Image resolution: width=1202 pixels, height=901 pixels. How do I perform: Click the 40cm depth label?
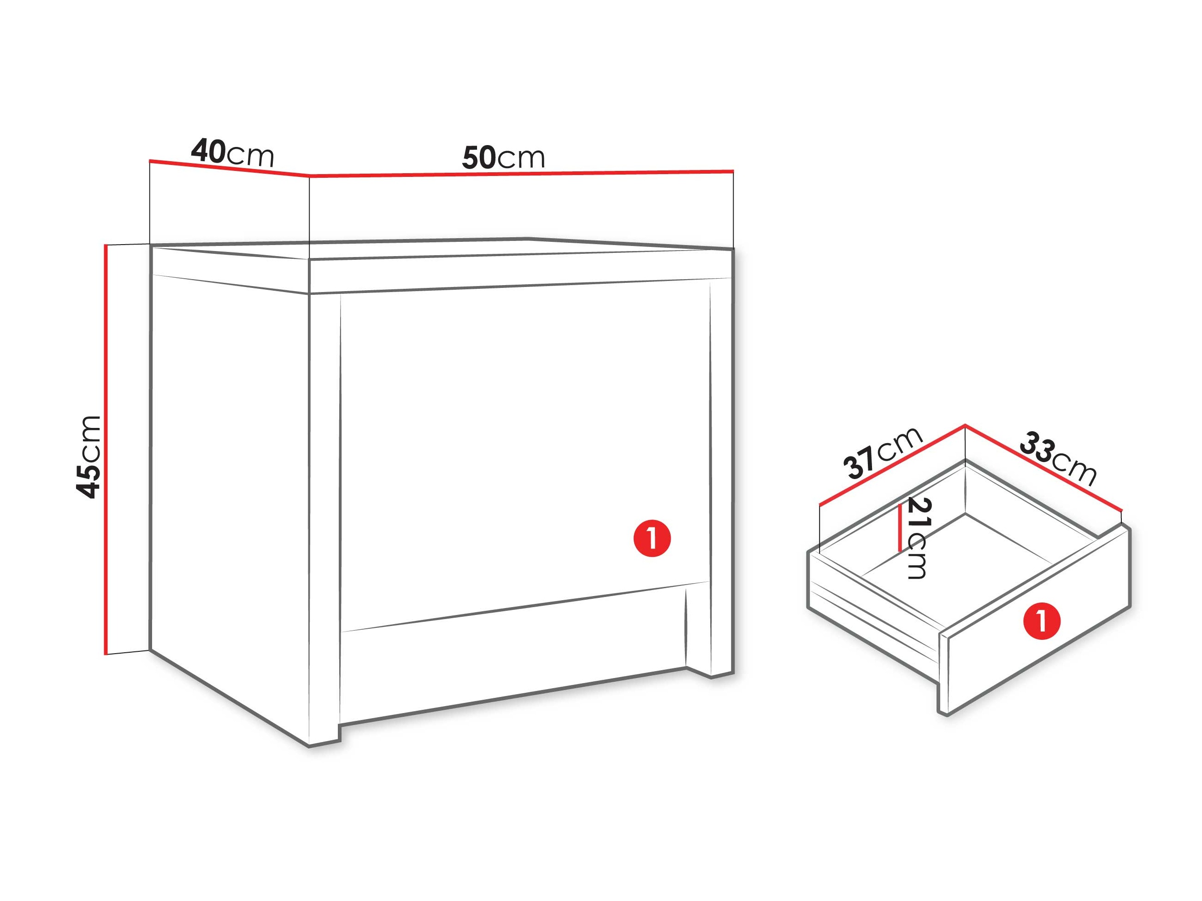(x=233, y=152)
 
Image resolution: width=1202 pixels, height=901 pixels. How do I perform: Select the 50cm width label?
(x=503, y=158)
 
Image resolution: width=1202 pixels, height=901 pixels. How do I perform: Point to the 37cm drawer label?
(x=883, y=452)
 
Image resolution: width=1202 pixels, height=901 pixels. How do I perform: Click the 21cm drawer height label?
(x=919, y=538)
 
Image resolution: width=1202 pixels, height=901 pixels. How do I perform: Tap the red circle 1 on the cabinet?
(x=652, y=538)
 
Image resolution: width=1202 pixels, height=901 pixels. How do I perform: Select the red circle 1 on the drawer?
(x=1042, y=620)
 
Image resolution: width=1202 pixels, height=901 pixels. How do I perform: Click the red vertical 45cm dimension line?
(x=106, y=450)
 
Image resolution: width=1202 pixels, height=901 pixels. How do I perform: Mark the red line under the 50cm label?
(x=522, y=174)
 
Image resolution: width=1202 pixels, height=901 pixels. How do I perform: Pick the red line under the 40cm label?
(x=230, y=168)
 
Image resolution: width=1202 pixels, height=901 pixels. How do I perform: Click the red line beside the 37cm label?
(x=892, y=465)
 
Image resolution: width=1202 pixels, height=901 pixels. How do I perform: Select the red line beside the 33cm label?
(x=1043, y=467)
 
